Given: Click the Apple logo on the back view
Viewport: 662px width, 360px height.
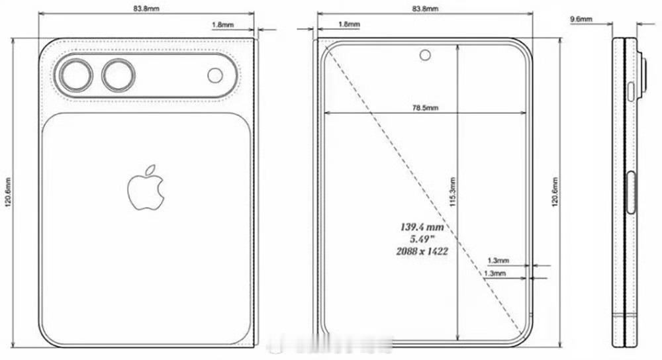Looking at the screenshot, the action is [146, 189].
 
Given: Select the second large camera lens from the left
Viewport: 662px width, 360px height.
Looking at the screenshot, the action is [118, 75].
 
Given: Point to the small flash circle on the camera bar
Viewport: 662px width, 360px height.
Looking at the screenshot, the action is [215, 75].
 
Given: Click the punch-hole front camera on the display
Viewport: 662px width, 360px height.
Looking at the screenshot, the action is [424, 55].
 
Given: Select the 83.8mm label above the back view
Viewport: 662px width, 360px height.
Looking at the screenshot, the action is [146, 9].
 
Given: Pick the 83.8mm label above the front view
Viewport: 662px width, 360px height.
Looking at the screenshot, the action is [424, 9].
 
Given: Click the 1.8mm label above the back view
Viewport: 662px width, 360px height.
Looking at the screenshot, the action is [222, 24].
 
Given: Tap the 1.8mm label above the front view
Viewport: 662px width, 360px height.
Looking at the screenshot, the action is [349, 24].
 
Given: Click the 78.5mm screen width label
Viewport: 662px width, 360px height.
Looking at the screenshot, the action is [424, 107].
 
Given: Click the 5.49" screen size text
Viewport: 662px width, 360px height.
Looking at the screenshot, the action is [421, 239].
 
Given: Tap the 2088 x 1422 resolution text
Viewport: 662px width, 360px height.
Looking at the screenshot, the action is [421, 251].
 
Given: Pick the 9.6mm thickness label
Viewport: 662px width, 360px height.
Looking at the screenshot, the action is [581, 20].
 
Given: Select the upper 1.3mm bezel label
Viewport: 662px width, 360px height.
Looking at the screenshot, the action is [497, 261].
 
